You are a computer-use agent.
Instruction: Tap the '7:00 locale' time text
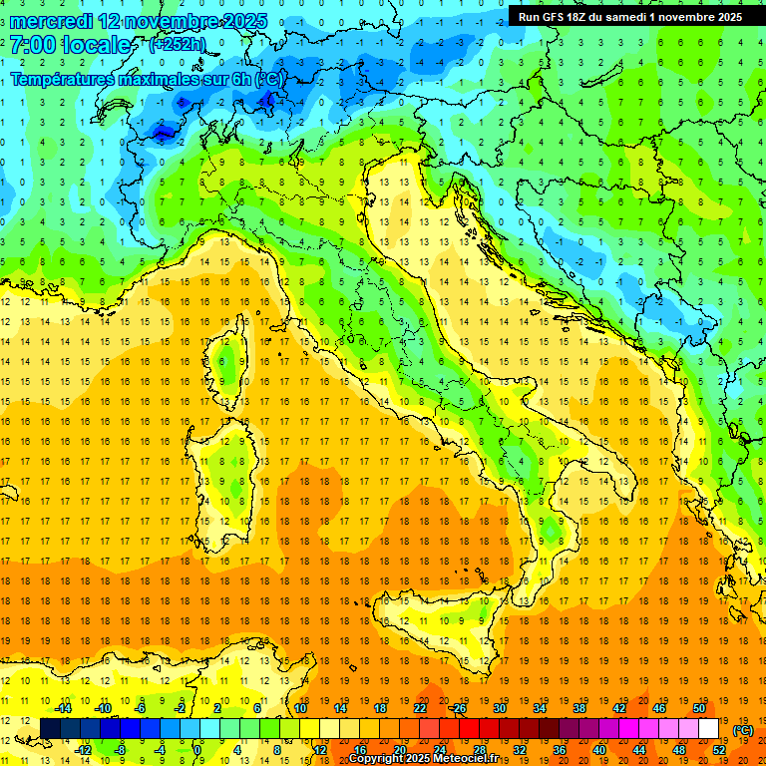(x=70, y=45)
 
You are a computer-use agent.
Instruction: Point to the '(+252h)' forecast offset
(x=178, y=44)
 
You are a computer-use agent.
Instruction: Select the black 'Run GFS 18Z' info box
(x=630, y=17)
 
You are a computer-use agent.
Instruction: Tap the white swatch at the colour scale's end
(x=708, y=728)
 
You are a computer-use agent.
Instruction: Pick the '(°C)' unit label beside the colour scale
(x=743, y=730)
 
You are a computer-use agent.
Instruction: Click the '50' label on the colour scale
(x=699, y=708)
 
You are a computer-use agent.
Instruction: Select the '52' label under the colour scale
(x=719, y=749)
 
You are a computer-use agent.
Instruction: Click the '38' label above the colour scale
(x=579, y=708)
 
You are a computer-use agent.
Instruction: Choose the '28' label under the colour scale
(x=480, y=749)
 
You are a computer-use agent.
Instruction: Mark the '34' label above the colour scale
(x=540, y=708)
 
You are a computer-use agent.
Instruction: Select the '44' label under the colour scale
(x=639, y=749)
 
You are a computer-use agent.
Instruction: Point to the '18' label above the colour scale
(x=380, y=708)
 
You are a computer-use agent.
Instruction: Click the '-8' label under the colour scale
(x=122, y=749)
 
